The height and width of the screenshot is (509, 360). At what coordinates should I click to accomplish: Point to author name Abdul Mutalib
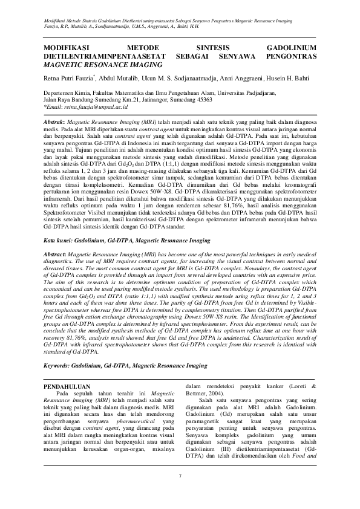tap(118, 78)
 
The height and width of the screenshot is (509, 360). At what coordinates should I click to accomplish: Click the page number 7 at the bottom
tap(180, 477)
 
